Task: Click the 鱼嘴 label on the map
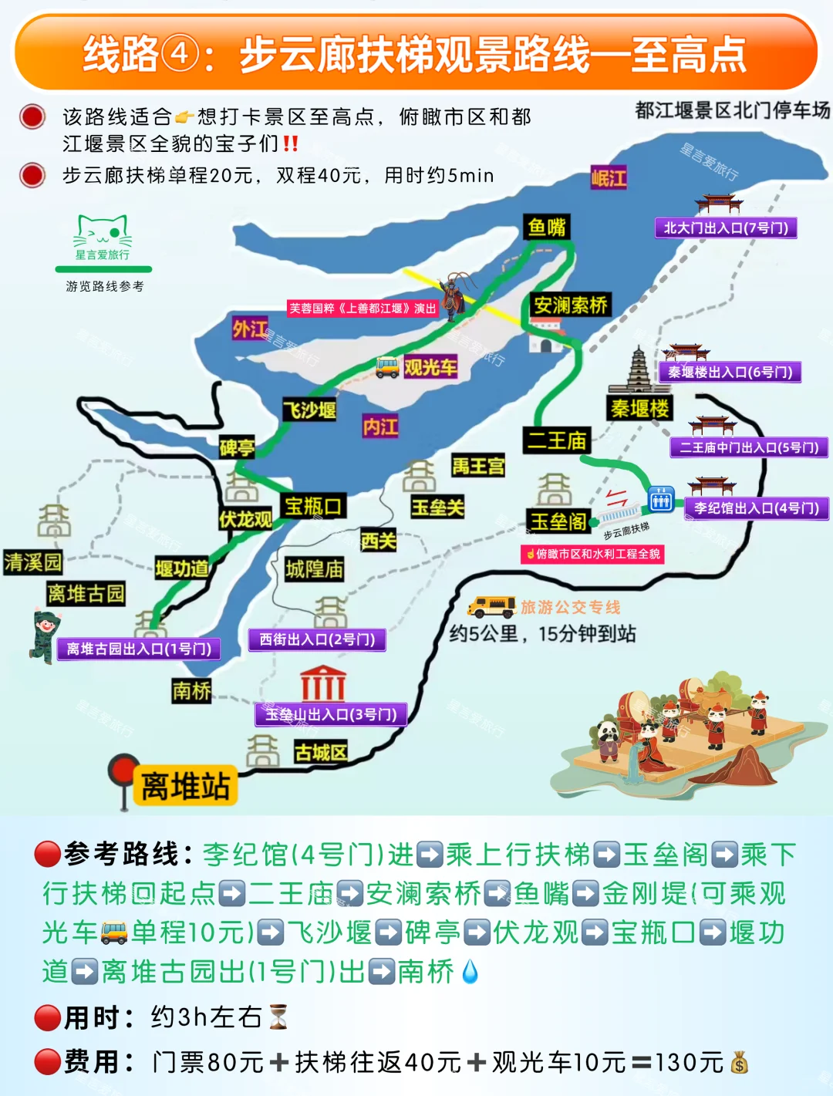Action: point(547,228)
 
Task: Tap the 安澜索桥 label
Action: point(571,305)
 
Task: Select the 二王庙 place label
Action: point(557,440)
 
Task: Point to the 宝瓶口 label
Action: point(313,506)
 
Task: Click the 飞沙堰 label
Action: point(309,410)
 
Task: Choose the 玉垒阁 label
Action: point(558,521)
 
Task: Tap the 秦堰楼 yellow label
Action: point(639,408)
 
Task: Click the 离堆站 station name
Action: point(185,786)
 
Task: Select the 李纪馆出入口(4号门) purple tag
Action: point(756,508)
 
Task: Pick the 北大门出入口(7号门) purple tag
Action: point(726,228)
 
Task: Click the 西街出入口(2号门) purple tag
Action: point(317,639)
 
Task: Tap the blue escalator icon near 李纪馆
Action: point(661,500)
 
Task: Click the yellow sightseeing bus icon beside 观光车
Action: point(387,367)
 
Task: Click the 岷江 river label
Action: point(609,178)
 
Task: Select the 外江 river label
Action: point(250,329)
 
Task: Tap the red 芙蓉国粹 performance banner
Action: point(363,309)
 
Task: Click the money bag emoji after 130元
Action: point(740,1063)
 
